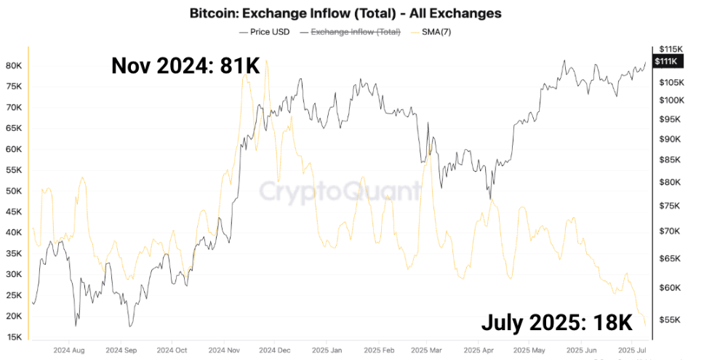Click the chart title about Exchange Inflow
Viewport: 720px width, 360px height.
click(x=345, y=13)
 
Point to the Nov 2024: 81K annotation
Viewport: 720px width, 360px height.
click(x=185, y=65)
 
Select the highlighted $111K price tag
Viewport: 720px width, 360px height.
click(x=667, y=61)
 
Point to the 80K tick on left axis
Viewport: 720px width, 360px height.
click(x=15, y=65)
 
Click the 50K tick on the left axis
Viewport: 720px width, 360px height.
click(x=15, y=191)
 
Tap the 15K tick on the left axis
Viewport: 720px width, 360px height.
click(x=15, y=337)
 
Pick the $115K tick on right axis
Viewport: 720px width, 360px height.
click(x=668, y=48)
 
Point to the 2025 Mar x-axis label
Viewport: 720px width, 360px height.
click(x=428, y=349)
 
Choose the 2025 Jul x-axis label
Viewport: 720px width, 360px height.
click(x=631, y=349)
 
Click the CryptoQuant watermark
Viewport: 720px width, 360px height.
click(x=340, y=192)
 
